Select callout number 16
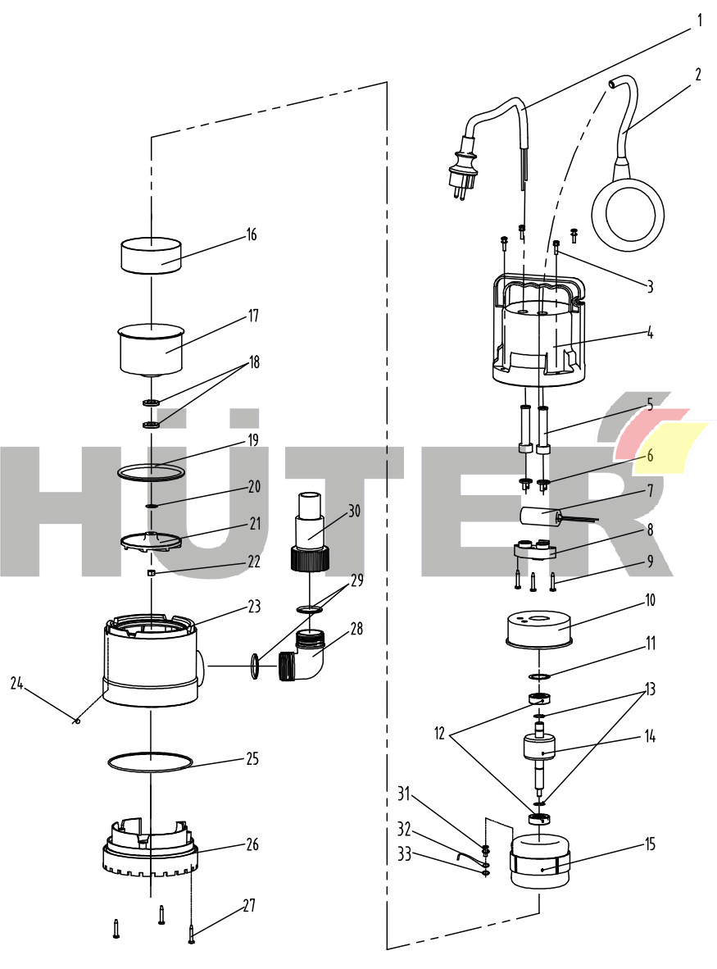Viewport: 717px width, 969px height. (252, 234)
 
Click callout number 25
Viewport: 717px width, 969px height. (252, 759)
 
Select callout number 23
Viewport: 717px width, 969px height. (255, 607)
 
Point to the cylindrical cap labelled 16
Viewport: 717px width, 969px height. (151, 255)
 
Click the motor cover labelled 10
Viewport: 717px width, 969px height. (538, 630)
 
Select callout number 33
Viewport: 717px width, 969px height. (405, 854)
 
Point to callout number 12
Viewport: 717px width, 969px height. (440, 734)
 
